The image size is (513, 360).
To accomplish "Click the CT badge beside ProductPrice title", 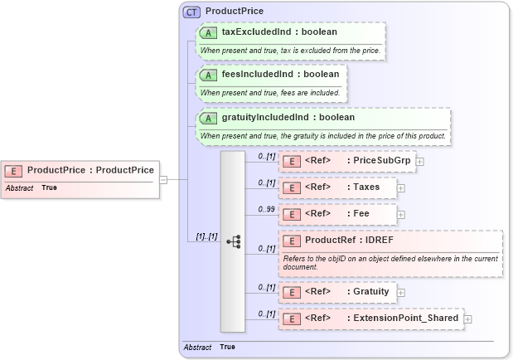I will (x=191, y=12).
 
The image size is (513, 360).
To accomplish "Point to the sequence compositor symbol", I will (x=233, y=241).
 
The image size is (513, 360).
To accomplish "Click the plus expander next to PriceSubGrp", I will (x=420, y=162).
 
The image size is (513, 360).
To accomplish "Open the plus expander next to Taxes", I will (x=402, y=188).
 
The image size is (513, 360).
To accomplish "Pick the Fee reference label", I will (x=357, y=214).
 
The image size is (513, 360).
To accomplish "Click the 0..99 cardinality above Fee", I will (x=266, y=208).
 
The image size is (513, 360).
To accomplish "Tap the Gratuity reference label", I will (x=370, y=291).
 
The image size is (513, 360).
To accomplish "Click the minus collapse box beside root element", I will (x=163, y=178).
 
